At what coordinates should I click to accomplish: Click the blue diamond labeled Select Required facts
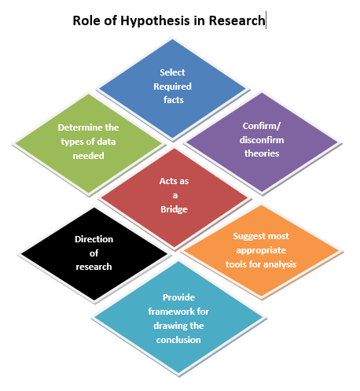tap(172, 87)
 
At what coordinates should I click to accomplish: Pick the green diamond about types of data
tap(88, 142)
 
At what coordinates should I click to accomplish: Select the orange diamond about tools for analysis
tap(260, 250)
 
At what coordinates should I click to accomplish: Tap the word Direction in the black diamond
tap(94, 239)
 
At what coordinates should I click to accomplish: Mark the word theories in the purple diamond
tap(261, 153)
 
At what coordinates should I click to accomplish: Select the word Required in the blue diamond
tap(172, 87)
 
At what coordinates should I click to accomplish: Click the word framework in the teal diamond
tap(158, 312)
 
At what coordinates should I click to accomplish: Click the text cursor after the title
tap(266, 20)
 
